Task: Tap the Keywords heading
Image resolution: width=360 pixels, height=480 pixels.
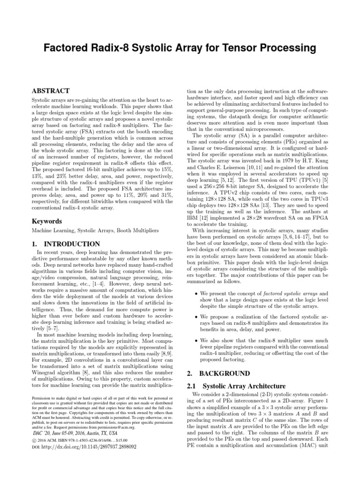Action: coord(47,220)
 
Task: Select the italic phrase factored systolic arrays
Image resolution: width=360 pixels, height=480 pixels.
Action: coord(294,293)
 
